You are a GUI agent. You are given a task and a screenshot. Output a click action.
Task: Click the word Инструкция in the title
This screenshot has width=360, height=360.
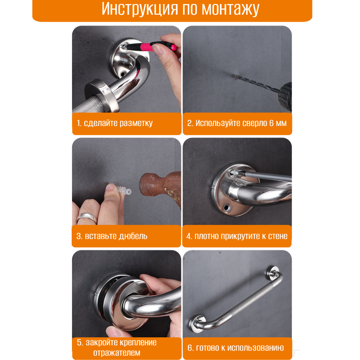[140, 10]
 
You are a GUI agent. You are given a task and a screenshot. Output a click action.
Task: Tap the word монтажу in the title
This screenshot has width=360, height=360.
[230, 10]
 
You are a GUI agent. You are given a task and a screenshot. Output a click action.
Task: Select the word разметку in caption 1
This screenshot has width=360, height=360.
[136, 123]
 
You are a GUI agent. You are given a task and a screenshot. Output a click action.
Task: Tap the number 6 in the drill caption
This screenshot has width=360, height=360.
[271, 123]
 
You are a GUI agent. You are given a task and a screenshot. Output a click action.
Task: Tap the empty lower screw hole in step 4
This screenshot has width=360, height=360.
[227, 208]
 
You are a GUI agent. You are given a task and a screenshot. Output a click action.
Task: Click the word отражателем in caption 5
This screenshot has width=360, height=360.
[117, 352]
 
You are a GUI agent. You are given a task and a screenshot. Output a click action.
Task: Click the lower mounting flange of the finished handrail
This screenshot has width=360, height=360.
[197, 324]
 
